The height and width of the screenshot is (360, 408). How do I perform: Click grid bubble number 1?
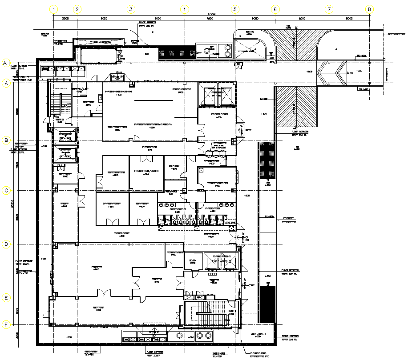click(x=53, y=9)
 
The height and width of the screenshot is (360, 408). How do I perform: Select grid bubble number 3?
click(x=131, y=9)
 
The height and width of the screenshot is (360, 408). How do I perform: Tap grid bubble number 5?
click(x=235, y=9)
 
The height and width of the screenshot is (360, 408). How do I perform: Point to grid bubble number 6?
click(x=275, y=9)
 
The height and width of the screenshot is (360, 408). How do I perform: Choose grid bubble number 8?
click(x=369, y=9)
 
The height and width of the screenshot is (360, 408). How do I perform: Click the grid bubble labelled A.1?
click(x=6, y=63)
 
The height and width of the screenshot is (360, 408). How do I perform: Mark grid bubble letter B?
click(x=6, y=140)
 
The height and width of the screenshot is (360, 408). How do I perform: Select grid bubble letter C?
click(x=6, y=191)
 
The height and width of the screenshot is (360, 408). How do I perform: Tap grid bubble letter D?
click(x=6, y=244)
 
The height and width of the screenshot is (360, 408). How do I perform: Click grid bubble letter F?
click(x=6, y=324)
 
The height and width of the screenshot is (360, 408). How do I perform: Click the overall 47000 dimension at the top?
click(x=210, y=14)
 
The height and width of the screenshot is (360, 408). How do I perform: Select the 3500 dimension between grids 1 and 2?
click(x=65, y=19)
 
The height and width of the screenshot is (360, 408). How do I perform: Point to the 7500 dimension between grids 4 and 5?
click(x=210, y=19)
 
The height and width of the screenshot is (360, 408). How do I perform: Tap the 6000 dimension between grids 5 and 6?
click(x=255, y=19)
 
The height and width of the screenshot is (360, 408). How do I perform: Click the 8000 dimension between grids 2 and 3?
click(x=104, y=19)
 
